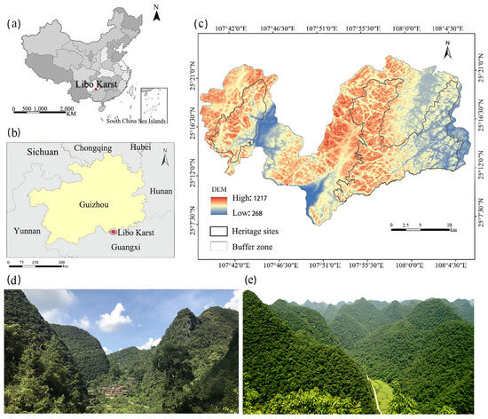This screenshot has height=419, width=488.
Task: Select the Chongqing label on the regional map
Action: pos(93,148)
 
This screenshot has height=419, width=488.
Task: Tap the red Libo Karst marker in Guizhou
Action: pos(113,232)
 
